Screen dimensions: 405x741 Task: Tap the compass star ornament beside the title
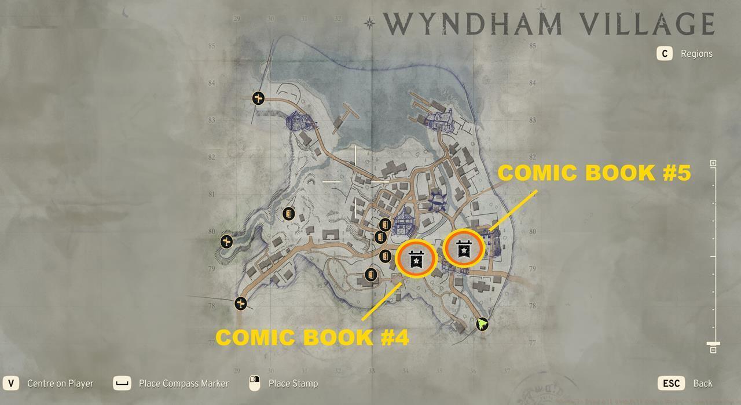369,23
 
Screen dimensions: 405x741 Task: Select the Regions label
696,54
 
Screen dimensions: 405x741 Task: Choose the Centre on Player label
60,384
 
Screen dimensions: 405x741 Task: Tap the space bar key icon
122,384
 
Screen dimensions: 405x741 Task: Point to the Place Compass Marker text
184,384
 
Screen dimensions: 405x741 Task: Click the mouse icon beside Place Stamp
254,384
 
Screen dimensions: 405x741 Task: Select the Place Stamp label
293,384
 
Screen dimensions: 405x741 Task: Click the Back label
703,384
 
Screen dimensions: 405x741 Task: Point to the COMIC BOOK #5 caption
594,173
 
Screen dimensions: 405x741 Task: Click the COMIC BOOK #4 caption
312,337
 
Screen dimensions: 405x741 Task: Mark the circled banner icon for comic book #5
464,249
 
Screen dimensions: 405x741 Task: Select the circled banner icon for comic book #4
416,259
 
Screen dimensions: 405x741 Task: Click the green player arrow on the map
482,324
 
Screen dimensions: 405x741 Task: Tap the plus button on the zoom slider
713,163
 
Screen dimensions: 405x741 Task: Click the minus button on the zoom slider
713,349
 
